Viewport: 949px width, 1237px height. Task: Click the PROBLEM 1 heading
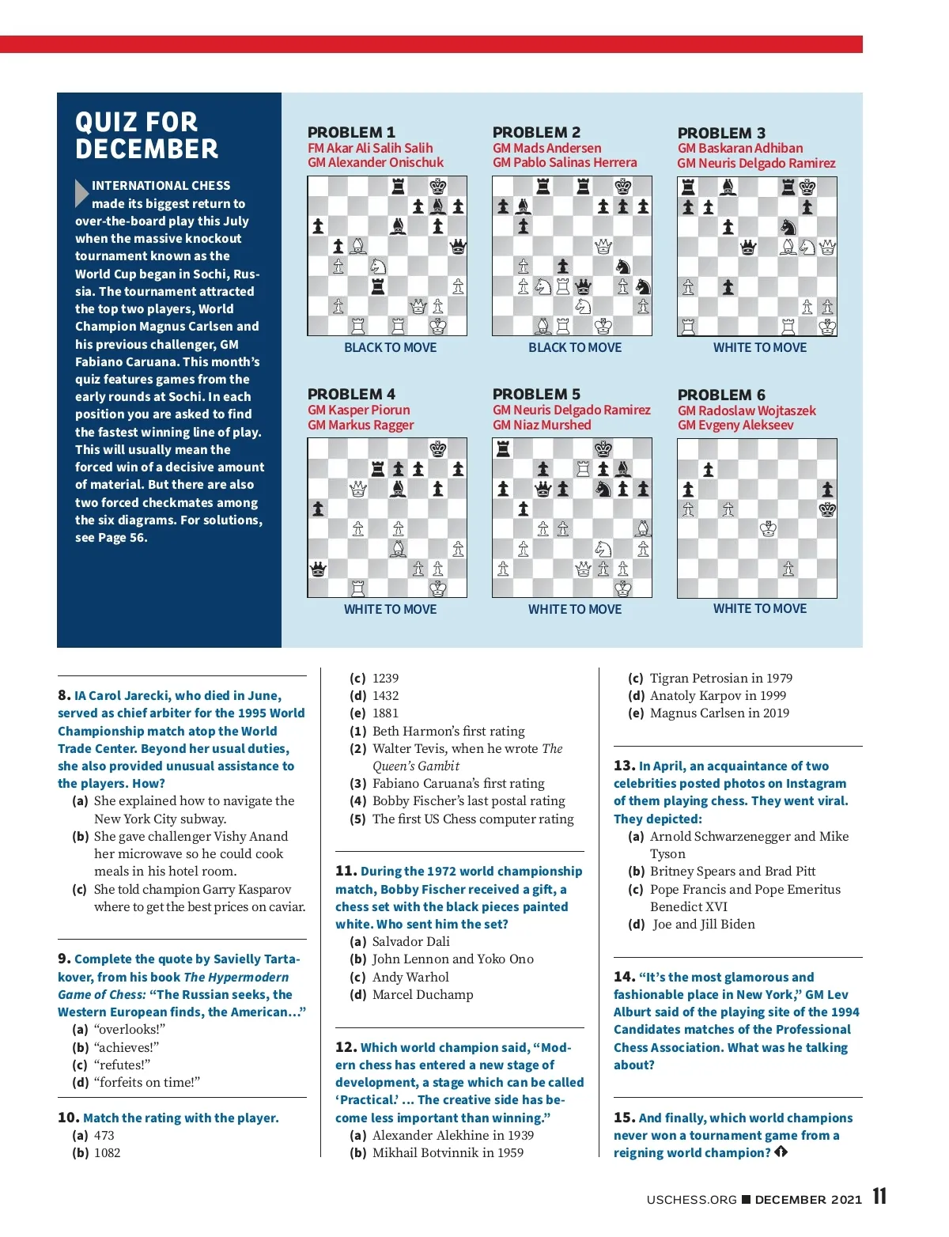[x=351, y=132]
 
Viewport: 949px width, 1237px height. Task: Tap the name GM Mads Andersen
[x=546, y=148]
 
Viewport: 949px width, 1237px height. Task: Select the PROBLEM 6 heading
[x=721, y=395]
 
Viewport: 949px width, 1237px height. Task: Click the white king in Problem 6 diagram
[x=768, y=529]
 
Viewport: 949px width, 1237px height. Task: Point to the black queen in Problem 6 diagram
[x=827, y=509]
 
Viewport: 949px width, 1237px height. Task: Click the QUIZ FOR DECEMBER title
[x=146, y=135]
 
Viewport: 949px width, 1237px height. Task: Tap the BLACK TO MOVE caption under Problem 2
[x=575, y=347]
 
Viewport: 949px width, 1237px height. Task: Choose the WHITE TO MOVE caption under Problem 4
[x=390, y=609]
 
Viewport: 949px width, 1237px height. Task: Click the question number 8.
[x=64, y=695]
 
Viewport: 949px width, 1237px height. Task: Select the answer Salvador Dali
[x=410, y=941]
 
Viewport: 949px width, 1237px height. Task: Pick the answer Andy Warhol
[x=410, y=977]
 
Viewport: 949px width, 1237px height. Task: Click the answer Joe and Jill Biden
[x=703, y=924]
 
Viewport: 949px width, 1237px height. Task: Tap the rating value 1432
[x=385, y=695]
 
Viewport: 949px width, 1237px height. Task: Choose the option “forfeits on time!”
[x=146, y=1082]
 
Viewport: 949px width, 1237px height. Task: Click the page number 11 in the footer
[x=879, y=1196]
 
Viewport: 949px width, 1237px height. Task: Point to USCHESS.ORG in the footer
[x=691, y=1199]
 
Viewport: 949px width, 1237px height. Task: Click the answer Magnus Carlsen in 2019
[x=719, y=713]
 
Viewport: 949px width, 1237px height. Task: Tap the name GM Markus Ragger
[x=361, y=425]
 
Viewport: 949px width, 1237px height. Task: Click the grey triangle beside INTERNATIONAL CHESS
[x=81, y=193]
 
